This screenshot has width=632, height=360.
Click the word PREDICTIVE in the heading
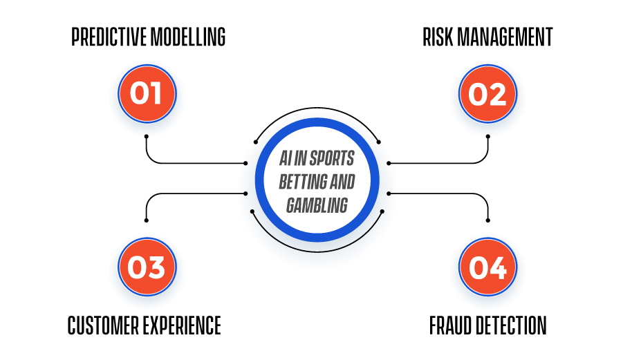pos(109,37)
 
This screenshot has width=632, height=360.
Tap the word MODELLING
pos(188,37)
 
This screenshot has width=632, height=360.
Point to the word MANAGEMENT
pos(505,37)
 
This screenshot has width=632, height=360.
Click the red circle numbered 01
pos(147,94)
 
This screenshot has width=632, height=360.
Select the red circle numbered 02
pos(487,94)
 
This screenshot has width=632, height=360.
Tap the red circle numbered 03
pos(147,267)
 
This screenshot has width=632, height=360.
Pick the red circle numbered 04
pos(487,267)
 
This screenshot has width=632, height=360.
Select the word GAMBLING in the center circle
pos(317,205)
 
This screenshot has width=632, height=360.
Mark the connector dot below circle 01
pos(147,137)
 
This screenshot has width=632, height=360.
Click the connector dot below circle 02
pos(487,137)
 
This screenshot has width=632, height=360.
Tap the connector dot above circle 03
pos(147,220)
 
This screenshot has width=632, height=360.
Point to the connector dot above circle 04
pos(487,220)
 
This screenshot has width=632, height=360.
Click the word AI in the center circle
pos(286,158)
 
